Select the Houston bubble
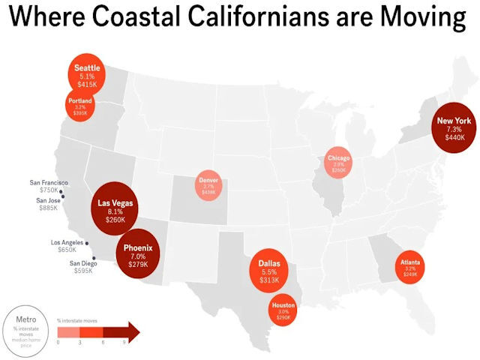283,311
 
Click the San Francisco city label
49,183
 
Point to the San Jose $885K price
49,208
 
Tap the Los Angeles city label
67,243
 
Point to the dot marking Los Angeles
87,243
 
